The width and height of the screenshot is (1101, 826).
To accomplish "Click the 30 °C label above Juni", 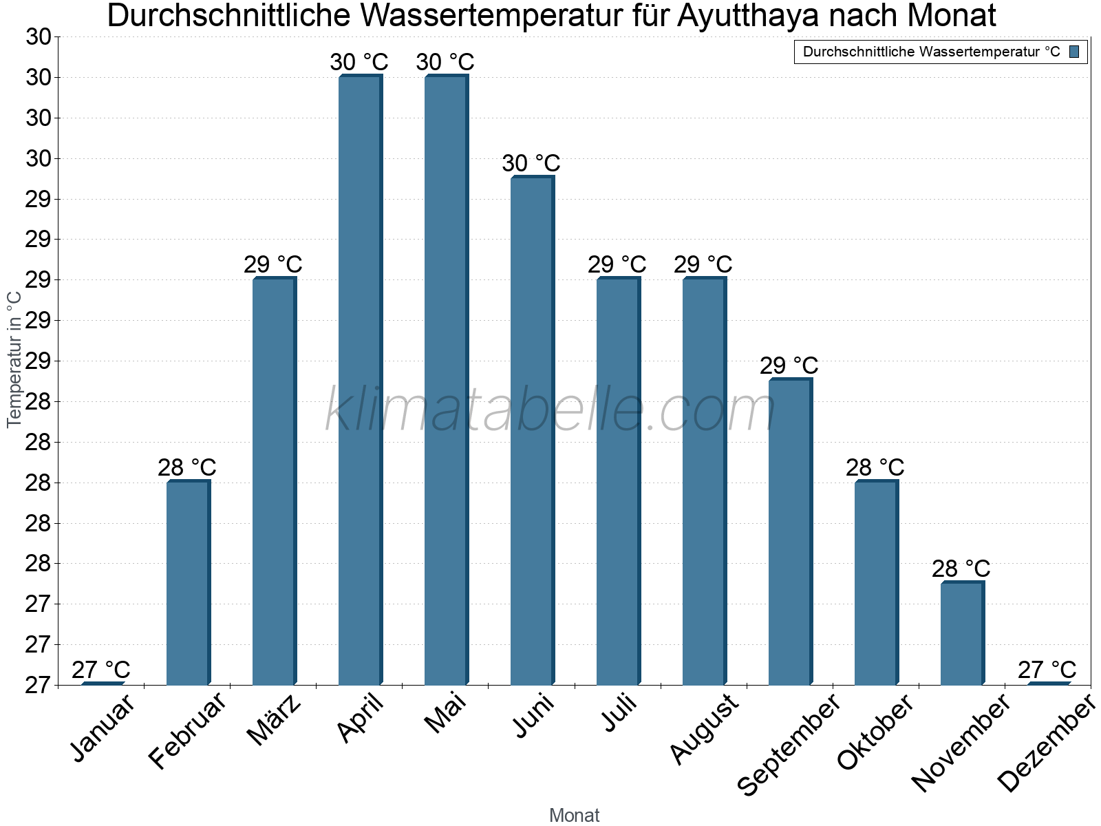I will click(531, 164).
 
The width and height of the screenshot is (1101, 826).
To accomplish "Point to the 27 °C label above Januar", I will click(100, 670).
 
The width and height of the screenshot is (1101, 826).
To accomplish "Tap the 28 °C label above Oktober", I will click(875, 468).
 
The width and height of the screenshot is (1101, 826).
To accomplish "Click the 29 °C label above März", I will click(272, 265).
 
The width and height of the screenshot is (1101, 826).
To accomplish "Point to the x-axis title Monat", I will click(574, 816).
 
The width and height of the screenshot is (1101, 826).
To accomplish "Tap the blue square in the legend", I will click(1074, 52).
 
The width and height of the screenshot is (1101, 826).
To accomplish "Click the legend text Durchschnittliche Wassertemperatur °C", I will click(931, 52).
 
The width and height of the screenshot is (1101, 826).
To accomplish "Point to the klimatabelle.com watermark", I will click(550, 410).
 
